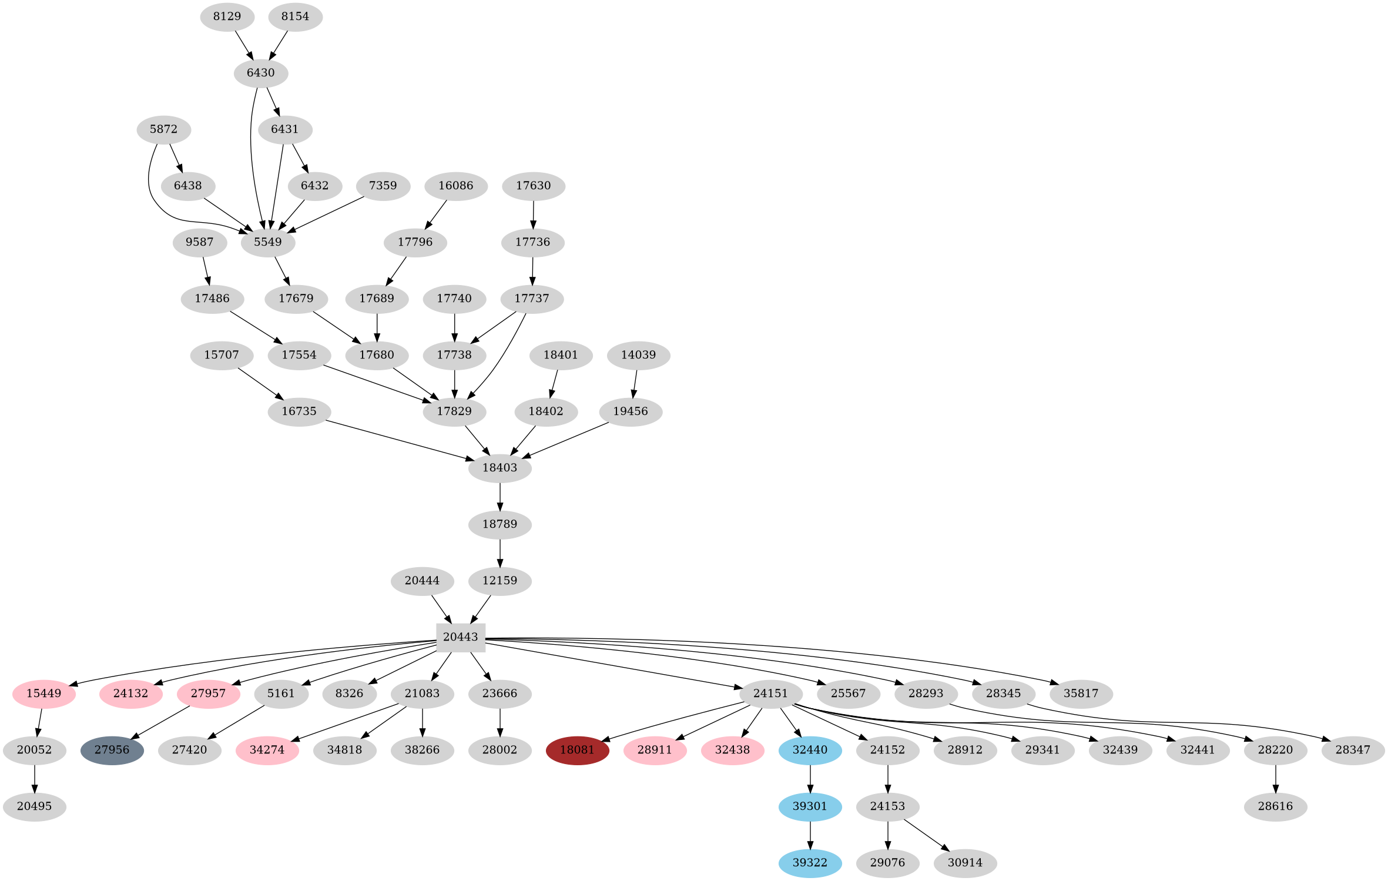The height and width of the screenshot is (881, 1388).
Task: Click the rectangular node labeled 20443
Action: [460, 637]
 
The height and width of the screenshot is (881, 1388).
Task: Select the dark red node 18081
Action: [577, 750]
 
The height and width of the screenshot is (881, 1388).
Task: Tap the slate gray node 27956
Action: [112, 750]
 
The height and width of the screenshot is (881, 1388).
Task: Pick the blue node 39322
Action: [810, 863]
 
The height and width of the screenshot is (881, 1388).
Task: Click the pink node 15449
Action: [44, 694]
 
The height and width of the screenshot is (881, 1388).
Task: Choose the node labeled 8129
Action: [227, 16]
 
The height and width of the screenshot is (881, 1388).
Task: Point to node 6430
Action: [260, 73]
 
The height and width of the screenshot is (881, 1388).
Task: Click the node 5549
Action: [267, 242]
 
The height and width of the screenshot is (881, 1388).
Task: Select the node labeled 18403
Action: [499, 468]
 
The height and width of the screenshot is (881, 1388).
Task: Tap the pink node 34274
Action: [267, 750]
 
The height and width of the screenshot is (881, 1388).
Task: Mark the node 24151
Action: [770, 694]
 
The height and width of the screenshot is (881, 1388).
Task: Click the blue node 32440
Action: [810, 750]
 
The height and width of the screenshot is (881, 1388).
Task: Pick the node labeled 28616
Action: [1275, 806]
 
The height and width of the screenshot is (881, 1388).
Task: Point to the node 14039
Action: [638, 355]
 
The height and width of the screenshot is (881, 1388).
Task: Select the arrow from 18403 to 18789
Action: [499, 496]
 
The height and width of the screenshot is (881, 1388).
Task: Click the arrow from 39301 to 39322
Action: [810, 835]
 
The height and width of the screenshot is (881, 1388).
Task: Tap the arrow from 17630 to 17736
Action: [533, 214]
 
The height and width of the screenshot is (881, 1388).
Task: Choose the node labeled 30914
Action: [965, 863]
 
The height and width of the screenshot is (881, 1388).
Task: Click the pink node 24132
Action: [130, 694]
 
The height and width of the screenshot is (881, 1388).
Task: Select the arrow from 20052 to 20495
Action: [35, 778]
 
